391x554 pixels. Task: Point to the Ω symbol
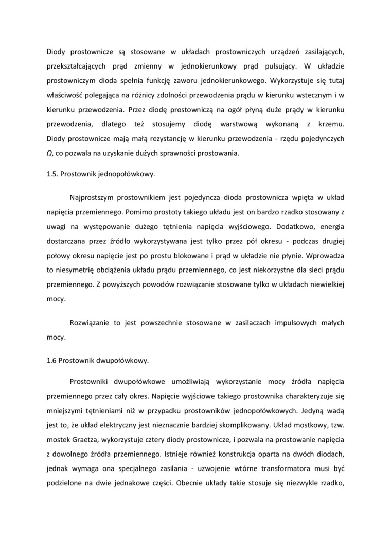pos(50,153)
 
